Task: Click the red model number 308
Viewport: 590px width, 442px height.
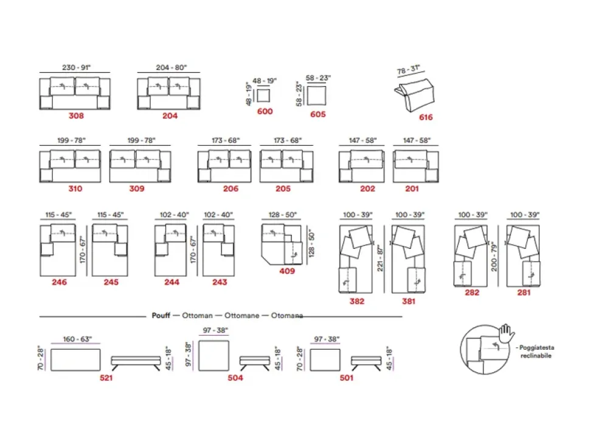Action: pos(76,116)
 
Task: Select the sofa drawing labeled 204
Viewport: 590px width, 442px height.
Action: pos(169,93)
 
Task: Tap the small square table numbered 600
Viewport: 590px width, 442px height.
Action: pos(265,96)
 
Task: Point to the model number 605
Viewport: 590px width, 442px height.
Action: pos(318,114)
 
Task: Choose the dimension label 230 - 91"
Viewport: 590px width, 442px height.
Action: pos(76,68)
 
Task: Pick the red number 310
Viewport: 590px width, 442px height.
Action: pos(75,189)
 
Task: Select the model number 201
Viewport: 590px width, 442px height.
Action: pos(412,189)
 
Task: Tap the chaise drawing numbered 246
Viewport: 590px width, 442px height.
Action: pos(60,250)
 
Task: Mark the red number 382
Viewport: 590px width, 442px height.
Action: pos(356,301)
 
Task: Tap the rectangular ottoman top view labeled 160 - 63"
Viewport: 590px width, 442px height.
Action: pos(75,359)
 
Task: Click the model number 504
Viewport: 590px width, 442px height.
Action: pos(235,378)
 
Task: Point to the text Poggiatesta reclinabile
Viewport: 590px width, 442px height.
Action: pos(535,352)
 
